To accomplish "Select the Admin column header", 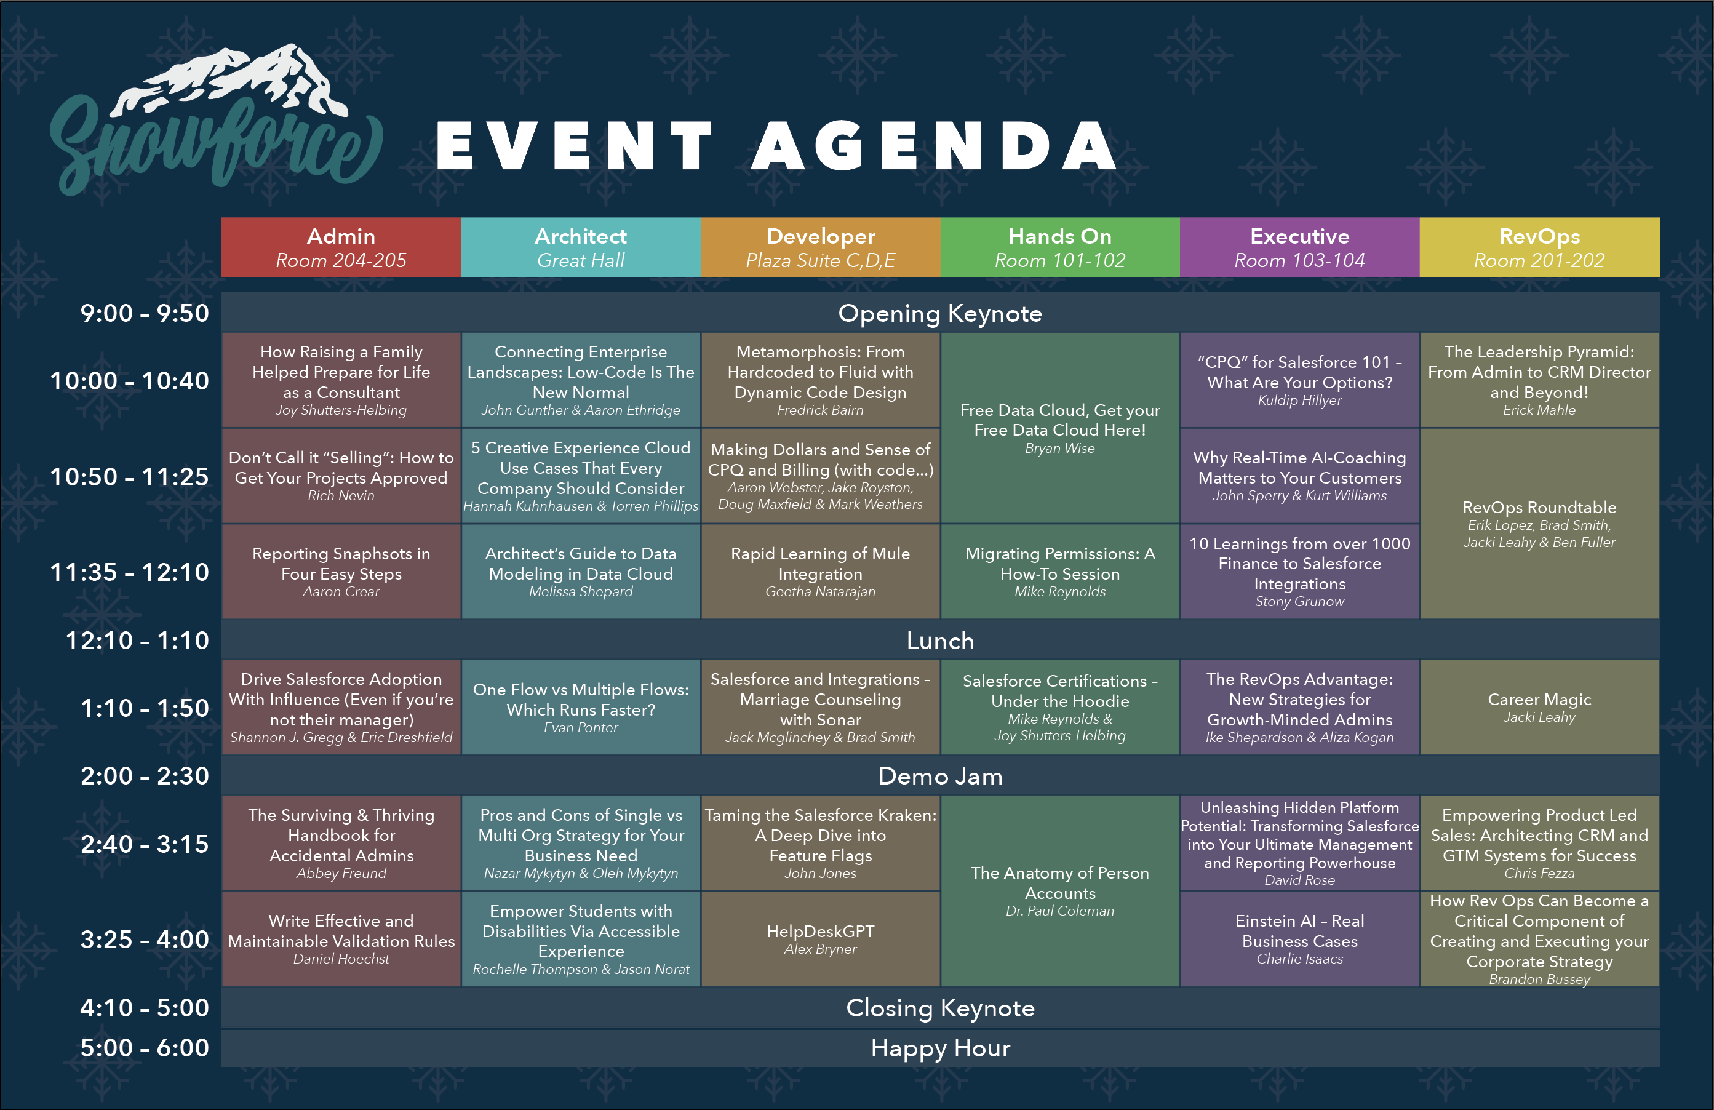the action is (341, 247).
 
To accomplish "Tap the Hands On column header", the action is (1060, 247).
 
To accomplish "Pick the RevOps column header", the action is (1540, 247).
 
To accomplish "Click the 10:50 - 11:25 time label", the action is (130, 477).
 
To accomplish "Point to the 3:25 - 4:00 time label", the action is (145, 940).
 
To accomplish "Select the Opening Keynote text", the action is (940, 314).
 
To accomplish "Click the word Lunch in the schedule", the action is (940, 641).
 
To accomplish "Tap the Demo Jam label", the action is (940, 777).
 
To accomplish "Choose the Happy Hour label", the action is (940, 1048).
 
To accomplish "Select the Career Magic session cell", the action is (1540, 708).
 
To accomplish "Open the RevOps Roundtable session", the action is (1540, 524).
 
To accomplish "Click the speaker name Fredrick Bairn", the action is (820, 410).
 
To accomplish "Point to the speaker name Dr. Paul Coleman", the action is (1060, 911).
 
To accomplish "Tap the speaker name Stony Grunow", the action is (1300, 602).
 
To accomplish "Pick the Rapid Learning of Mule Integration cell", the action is (820, 571).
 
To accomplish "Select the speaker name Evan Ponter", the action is (580, 727).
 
